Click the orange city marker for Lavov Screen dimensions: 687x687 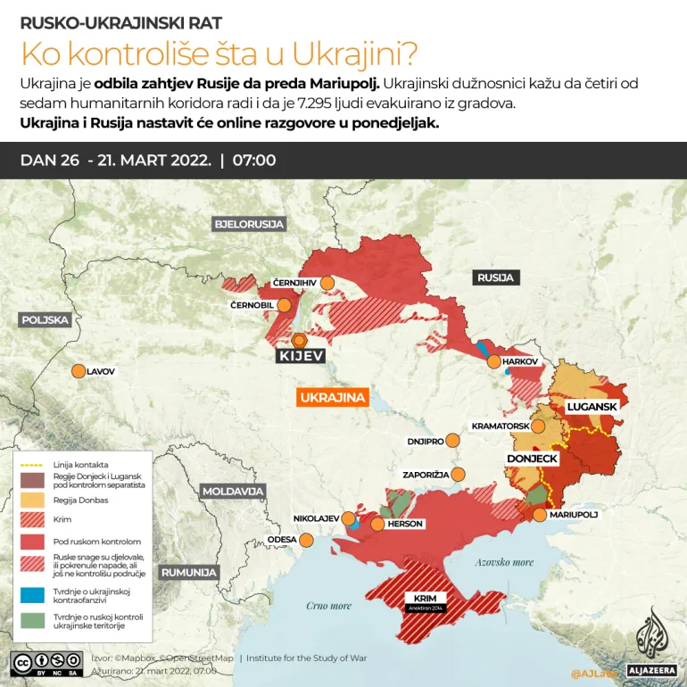79,371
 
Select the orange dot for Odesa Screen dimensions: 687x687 307,539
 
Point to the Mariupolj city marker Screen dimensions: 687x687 539,515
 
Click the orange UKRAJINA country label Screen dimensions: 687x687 334,398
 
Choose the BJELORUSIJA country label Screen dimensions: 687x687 248,223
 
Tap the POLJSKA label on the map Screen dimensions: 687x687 46,319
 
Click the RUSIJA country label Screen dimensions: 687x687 495,277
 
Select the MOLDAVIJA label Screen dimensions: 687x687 233,492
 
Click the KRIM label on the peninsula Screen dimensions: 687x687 426,598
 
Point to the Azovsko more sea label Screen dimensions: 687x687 504,562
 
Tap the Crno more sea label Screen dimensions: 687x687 328,606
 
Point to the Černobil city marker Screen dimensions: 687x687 285,305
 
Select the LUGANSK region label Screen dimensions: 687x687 592,407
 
